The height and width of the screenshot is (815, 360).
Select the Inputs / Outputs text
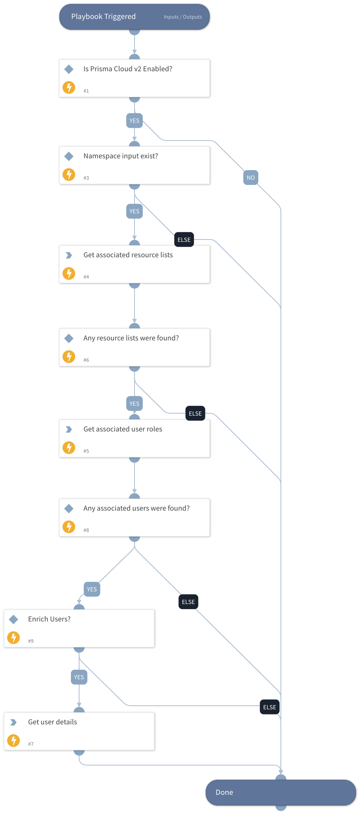pos(183,17)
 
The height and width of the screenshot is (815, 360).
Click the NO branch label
pos(250,178)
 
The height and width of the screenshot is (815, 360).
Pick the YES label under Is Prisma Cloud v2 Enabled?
pos(135,121)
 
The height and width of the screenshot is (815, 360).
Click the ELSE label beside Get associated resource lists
pos(184,239)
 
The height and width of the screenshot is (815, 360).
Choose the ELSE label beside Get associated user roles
pos(195,413)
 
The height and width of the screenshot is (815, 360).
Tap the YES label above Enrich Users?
pos(92,589)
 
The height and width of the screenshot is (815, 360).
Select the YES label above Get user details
pos(79,677)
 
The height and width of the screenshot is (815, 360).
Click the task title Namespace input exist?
pos(121,156)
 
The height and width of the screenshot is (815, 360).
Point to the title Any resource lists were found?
pos(131,338)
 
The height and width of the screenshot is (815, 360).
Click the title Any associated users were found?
pos(136,508)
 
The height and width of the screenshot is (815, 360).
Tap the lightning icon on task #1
pos(69,87)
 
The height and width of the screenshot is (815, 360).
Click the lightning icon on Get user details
pos(13,740)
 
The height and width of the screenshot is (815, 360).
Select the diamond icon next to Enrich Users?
pos(13,619)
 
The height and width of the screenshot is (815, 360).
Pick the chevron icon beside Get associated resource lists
pos(69,255)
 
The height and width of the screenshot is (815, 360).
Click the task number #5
pos(86,451)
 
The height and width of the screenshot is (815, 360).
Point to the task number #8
pos(86,530)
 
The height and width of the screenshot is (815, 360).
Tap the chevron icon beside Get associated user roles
pos(69,429)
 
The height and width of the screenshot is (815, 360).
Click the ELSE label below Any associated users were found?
pos(188,602)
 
